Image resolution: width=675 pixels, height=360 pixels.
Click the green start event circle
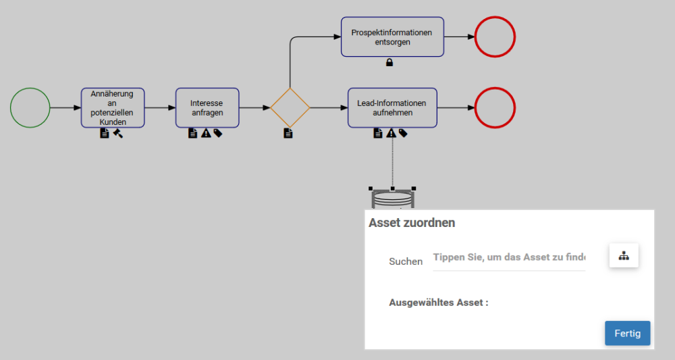point(30,107)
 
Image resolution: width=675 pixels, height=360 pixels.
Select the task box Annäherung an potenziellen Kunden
point(113,107)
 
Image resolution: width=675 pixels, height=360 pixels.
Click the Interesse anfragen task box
point(207,107)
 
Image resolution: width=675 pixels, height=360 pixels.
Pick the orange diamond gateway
point(290,107)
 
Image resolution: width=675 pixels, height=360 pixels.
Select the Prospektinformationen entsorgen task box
point(392,37)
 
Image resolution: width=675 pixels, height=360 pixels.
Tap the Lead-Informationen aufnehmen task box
point(392,107)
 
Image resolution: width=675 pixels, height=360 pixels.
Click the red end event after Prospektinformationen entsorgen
point(495,36)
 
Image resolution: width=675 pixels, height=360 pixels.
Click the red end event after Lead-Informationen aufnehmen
point(495,107)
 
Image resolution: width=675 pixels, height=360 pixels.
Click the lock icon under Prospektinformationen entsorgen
point(389,63)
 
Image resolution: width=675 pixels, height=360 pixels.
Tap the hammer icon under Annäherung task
point(117,134)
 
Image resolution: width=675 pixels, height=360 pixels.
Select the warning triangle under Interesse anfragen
point(206,134)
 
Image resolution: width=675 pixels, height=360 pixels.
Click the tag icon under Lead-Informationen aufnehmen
point(403,134)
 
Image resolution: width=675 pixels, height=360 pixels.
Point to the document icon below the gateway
point(288,134)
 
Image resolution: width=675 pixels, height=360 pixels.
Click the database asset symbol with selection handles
point(392,199)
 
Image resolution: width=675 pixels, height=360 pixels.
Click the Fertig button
point(627,333)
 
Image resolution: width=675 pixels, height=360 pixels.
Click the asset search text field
point(509,257)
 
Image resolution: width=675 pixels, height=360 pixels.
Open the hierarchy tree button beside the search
point(624,256)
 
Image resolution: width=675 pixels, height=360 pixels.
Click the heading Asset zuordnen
point(412,222)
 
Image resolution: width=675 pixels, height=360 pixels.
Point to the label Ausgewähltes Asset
point(439,303)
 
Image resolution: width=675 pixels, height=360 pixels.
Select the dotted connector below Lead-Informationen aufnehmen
point(392,162)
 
